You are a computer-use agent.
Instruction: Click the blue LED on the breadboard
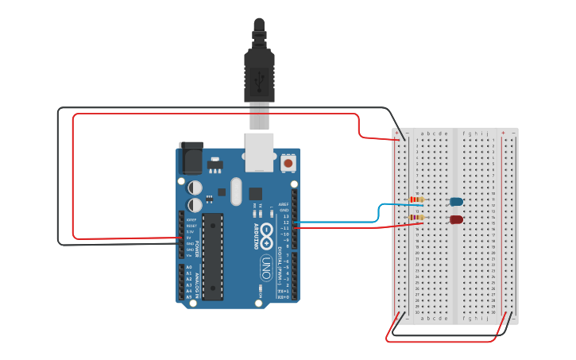[x=456, y=202]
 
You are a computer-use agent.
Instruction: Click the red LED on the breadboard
[x=456, y=219]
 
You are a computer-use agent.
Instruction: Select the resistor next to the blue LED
[x=416, y=199]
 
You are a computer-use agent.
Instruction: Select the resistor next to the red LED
[x=416, y=217]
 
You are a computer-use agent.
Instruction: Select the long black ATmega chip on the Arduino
[x=212, y=257]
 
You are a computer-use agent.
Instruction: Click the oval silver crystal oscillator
[x=235, y=191]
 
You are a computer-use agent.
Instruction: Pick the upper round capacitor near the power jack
[x=195, y=188]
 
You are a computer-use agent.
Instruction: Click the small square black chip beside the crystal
[x=255, y=193]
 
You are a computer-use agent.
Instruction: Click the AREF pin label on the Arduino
[x=284, y=203]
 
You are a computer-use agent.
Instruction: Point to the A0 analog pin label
[x=188, y=267]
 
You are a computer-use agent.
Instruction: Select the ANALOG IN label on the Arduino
[x=198, y=282]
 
